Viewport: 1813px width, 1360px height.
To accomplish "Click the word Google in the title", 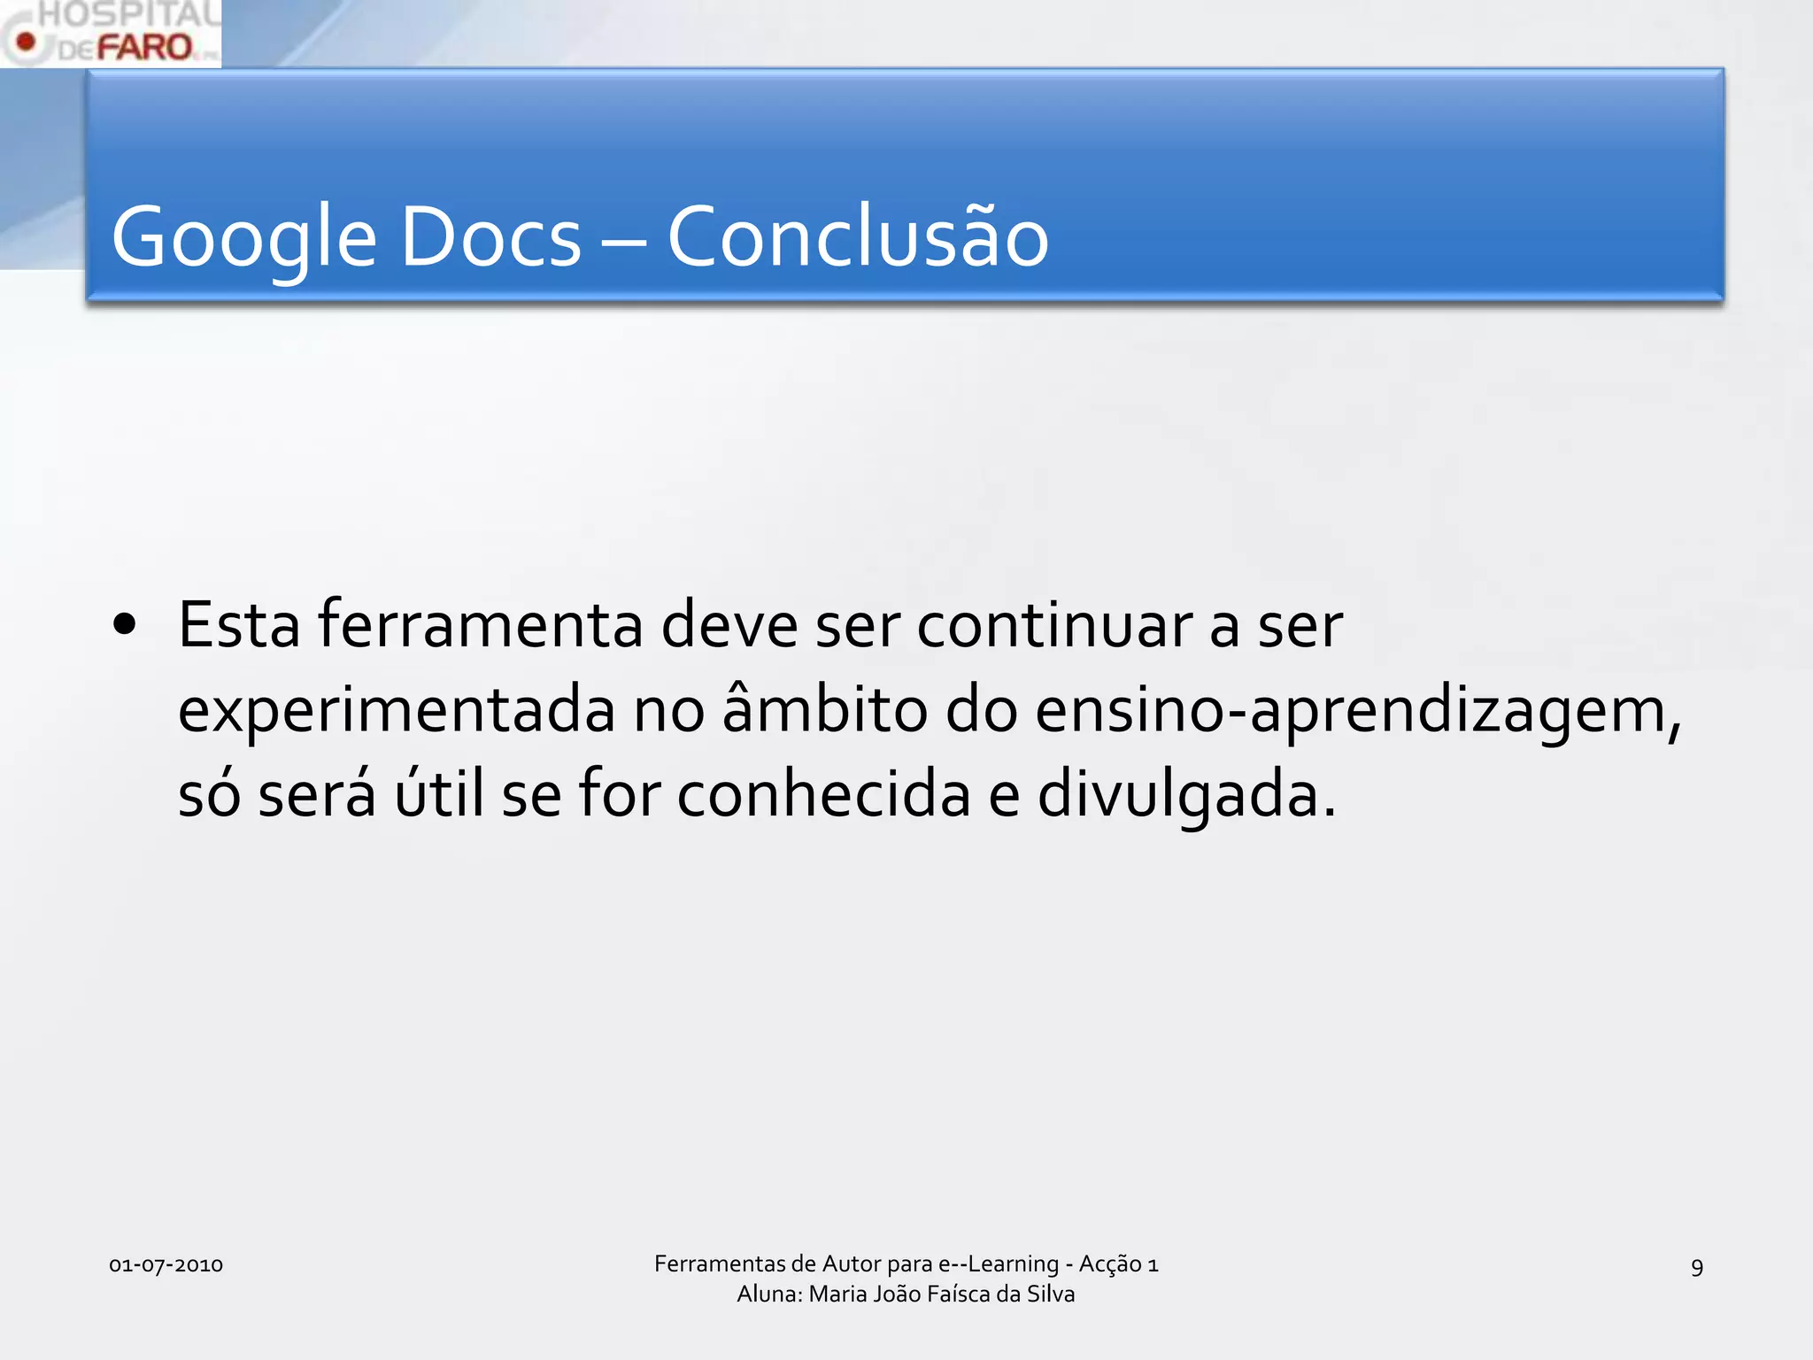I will click(243, 237).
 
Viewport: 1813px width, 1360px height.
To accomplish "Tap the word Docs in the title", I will click(490, 237).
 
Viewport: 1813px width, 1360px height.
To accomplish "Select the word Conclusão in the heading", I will click(857, 237).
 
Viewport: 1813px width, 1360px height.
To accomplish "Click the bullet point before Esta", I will click(125, 624).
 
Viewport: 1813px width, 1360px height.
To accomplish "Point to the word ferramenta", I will click(480, 625).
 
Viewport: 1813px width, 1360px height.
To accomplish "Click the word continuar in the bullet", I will click(1053, 625).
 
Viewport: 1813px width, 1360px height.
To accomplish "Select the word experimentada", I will click(396, 710).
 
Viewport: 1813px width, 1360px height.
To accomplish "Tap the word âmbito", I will click(825, 710).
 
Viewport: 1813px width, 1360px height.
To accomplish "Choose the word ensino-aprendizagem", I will click(1357, 710).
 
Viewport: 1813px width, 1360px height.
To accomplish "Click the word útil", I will click(440, 793).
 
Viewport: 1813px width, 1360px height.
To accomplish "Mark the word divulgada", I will click(1186, 793).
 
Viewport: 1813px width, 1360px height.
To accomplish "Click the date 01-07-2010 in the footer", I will click(166, 1264).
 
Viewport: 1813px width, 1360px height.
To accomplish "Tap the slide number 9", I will click(1696, 1267).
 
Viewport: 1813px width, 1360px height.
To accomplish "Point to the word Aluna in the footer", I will click(768, 1294).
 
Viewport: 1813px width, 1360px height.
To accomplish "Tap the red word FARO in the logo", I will click(144, 47).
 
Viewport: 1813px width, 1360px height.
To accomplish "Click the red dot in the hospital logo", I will click(27, 42).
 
